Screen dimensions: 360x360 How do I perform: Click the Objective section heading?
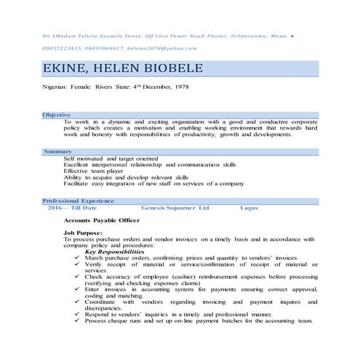tap(56, 115)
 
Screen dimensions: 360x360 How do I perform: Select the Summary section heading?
tap(57, 151)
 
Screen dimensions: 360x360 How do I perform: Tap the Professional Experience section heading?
tap(78, 200)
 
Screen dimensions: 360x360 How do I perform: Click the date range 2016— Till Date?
tap(72, 207)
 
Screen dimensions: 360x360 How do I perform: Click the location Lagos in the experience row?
tap(249, 207)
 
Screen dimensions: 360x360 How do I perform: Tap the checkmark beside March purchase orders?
tap(77, 257)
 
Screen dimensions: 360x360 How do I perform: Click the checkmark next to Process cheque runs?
tap(77, 320)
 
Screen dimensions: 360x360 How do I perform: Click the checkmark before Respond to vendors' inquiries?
tap(77, 313)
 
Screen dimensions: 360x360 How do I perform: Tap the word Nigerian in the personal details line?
tap(55, 90)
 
